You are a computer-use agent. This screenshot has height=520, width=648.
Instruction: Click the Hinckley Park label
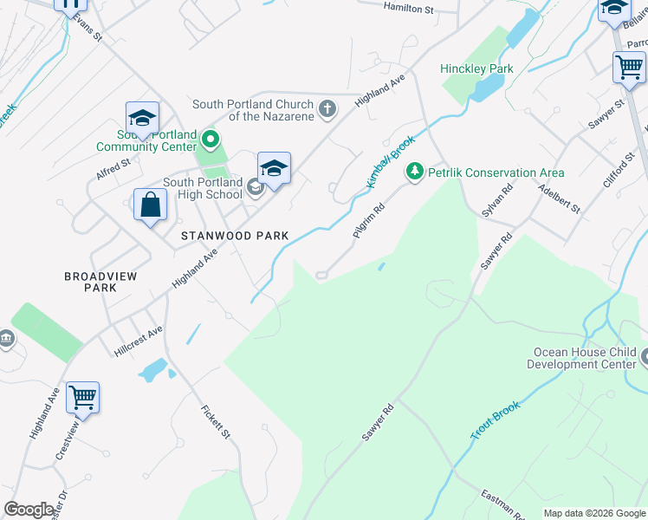(476, 68)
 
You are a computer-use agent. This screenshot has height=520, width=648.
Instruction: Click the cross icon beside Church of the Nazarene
(327, 109)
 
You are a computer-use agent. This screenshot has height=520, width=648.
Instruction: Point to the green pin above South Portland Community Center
(209, 139)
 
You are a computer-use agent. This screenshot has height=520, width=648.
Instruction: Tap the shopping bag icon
(150, 205)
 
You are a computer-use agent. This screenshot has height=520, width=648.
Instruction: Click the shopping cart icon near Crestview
(82, 398)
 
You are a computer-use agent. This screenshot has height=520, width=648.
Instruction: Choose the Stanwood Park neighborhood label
(234, 236)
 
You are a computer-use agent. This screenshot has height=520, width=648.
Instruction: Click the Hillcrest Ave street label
(139, 341)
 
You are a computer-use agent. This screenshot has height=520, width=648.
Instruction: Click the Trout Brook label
(496, 420)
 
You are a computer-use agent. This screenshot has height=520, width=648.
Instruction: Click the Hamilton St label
(407, 8)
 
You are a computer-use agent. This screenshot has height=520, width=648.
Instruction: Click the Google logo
(29, 510)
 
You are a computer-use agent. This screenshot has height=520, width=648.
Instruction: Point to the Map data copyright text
(593, 513)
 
